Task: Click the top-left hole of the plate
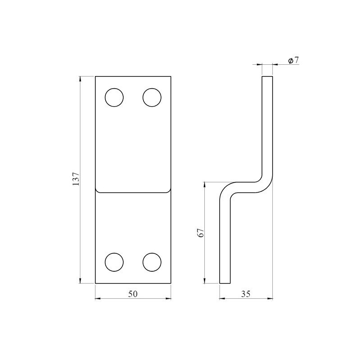(114, 97)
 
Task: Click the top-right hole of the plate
(152, 97)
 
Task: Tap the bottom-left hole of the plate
(114, 262)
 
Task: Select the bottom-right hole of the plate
(152, 262)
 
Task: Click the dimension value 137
(76, 180)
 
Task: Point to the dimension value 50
(133, 294)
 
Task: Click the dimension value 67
(201, 233)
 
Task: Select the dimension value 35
(246, 294)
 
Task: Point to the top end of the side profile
(267, 77)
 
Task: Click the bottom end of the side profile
(225, 283)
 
